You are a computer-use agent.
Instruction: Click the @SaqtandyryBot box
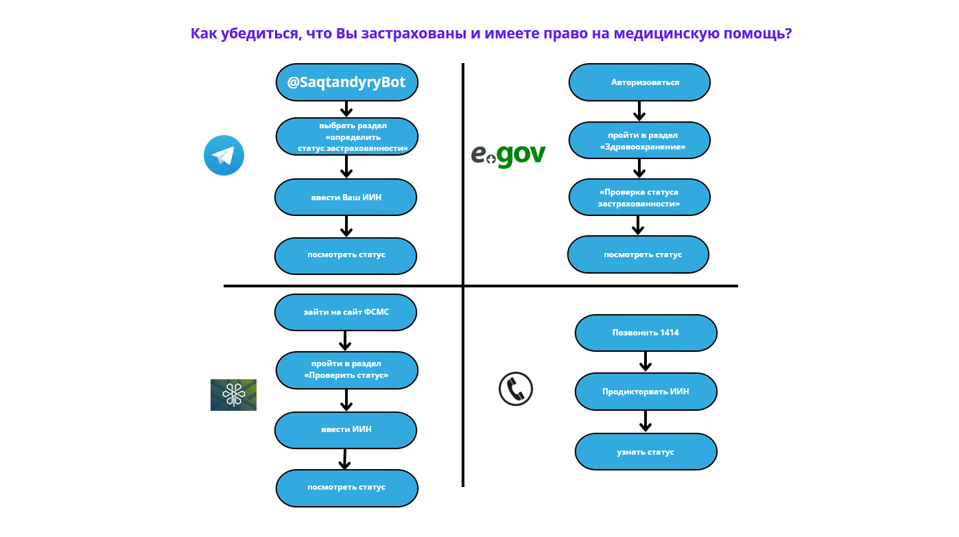coord(346,82)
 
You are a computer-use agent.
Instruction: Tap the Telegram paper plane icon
coord(224,156)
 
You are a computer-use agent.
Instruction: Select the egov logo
coord(508,154)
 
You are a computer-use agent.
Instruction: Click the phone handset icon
coord(515,389)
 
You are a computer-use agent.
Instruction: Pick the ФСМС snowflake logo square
coord(233,395)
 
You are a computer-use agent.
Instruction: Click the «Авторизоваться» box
coord(639,82)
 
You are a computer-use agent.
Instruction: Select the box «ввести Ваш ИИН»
coord(346,198)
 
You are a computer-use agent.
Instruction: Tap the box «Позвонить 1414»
coord(646,333)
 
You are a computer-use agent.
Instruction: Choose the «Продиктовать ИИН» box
coord(646,392)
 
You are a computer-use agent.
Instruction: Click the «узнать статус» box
coord(646,452)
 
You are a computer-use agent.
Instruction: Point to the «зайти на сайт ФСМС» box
coord(346,312)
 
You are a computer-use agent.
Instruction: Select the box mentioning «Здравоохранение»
coord(639,141)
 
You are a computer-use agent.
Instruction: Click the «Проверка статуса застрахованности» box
coord(639,198)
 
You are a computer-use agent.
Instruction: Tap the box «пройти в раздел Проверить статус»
coord(346,370)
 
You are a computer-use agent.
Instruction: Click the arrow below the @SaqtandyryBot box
coord(346,109)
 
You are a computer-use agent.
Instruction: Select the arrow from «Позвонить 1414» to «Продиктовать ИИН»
coord(645,361)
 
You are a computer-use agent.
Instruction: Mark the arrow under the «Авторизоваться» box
coord(639,111)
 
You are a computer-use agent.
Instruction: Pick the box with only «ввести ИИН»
coord(346,430)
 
